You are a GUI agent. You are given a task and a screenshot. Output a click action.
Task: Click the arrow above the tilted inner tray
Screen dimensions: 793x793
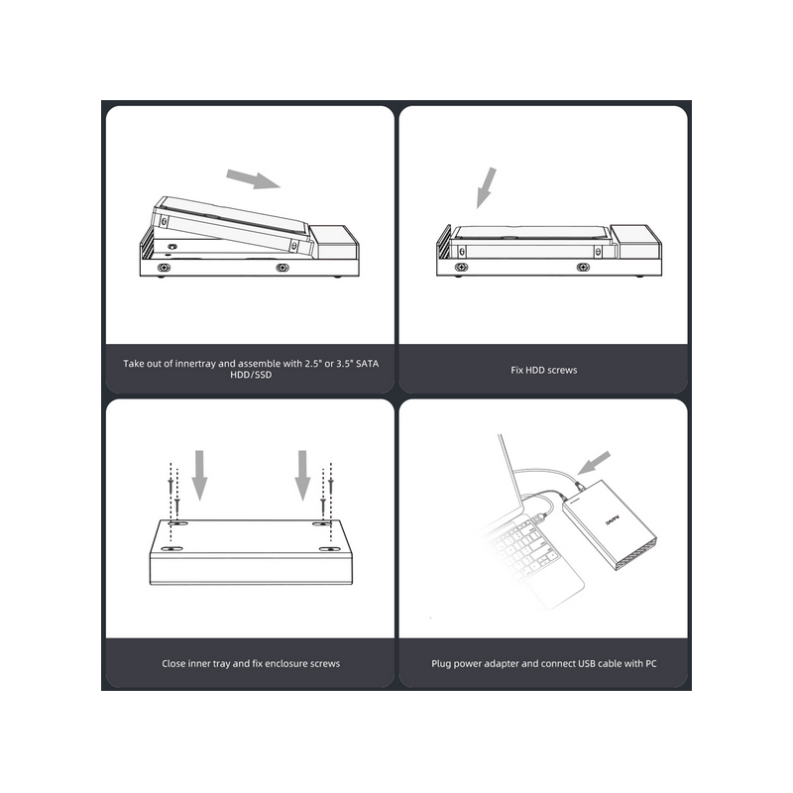253,179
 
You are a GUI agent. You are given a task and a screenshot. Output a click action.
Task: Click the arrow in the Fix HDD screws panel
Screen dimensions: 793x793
486,187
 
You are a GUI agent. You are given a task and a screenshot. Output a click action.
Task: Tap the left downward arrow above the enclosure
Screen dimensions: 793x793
200,476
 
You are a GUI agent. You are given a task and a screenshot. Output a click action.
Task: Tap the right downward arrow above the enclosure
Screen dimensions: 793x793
302,476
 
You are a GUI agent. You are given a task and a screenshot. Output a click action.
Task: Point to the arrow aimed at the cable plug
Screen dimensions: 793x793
594,463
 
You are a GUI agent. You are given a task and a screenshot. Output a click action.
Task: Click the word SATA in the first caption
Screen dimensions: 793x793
367,363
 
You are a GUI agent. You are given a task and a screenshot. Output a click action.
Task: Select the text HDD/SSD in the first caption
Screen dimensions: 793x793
251,375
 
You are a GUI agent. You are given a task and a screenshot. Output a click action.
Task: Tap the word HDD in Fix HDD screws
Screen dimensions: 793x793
534,370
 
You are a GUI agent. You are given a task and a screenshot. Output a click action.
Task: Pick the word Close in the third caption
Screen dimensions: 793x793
173,663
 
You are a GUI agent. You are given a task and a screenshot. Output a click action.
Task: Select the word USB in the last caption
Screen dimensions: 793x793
587,663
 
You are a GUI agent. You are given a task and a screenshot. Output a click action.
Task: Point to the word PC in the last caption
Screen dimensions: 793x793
650,663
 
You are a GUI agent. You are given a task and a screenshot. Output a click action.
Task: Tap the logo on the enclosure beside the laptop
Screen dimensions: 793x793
613,521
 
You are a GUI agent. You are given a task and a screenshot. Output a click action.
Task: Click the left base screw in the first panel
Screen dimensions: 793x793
164,267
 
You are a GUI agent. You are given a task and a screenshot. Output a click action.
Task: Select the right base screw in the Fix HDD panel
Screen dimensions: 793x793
583,267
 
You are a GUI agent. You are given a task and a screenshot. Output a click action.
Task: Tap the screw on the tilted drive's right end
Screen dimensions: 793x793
293,246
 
